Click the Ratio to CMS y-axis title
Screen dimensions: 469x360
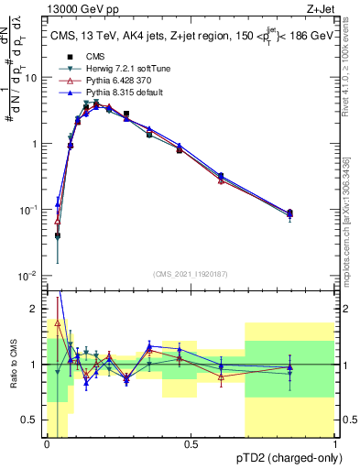13,366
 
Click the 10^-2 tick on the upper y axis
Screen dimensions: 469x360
29,276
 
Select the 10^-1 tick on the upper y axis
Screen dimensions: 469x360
29,210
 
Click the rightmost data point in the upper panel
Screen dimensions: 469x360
290,213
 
